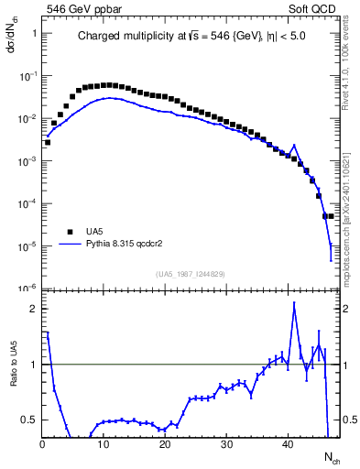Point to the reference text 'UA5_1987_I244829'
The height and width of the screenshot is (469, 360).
tap(190, 273)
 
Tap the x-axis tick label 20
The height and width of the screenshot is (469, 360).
tap(165, 444)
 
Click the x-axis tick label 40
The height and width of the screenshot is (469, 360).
tap(288, 444)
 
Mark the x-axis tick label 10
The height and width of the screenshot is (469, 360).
tap(104, 444)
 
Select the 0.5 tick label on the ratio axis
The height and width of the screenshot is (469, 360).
tap(29, 420)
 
